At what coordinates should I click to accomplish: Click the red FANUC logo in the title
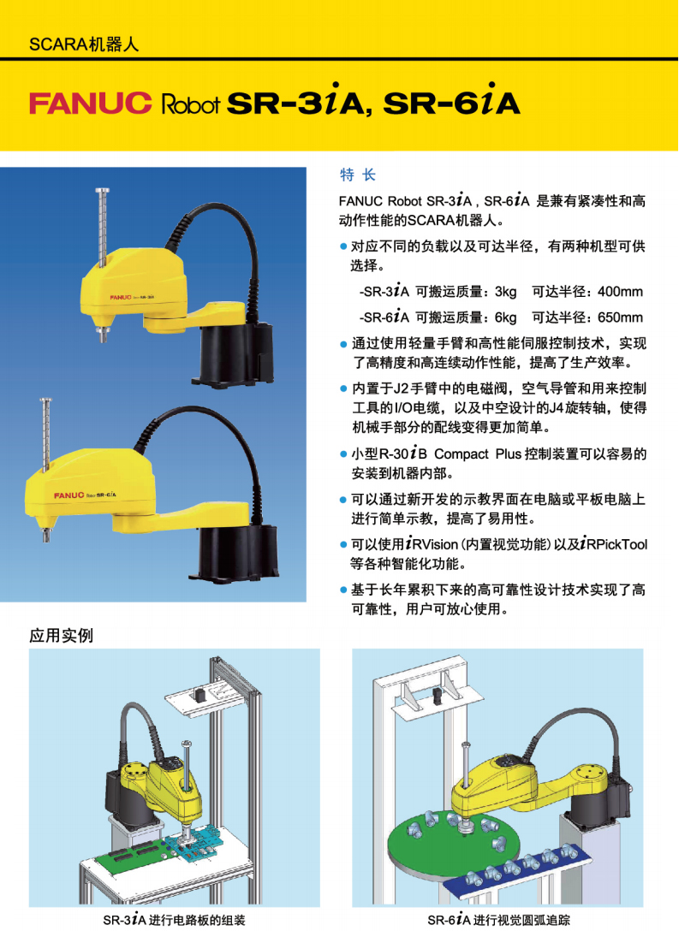pyautogui.click(x=90, y=103)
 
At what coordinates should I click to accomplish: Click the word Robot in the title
pyautogui.click(x=191, y=104)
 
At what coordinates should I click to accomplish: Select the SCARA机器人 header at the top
pyautogui.click(x=84, y=44)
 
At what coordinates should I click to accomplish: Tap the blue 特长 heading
pyautogui.click(x=358, y=175)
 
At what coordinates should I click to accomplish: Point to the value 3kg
pyautogui.click(x=505, y=292)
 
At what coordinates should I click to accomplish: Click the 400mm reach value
pyautogui.click(x=620, y=292)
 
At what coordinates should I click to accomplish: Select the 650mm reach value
pyautogui.click(x=620, y=317)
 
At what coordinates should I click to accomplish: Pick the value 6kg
pyautogui.click(x=505, y=317)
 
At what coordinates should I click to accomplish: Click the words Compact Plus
pyautogui.click(x=478, y=454)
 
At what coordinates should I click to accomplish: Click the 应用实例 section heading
pyautogui.click(x=61, y=636)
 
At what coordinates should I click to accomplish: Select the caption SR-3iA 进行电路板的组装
pyautogui.click(x=174, y=920)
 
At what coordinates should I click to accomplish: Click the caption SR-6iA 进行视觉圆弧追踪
pyautogui.click(x=498, y=920)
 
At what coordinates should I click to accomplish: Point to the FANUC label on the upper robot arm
pyautogui.click(x=121, y=297)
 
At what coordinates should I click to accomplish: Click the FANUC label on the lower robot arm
pyautogui.click(x=68, y=495)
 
